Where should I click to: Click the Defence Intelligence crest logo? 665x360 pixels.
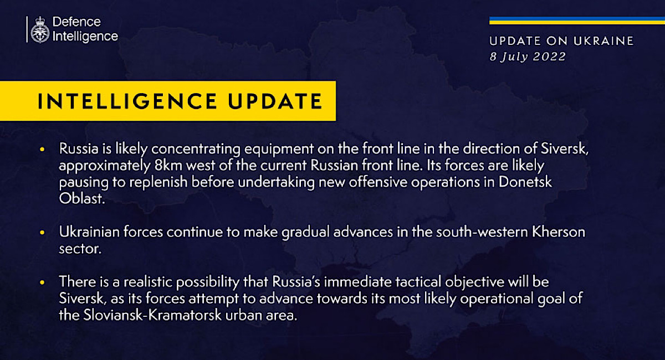[40, 30]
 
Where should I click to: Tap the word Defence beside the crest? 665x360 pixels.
[76, 22]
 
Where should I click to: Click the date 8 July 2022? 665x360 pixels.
[528, 56]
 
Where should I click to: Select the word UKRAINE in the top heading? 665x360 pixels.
[603, 41]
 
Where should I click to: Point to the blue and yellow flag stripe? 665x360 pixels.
[577, 20]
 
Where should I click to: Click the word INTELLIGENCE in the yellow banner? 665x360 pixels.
[127, 101]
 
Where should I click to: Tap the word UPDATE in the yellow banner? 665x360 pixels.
[275, 101]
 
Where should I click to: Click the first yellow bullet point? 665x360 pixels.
[42, 149]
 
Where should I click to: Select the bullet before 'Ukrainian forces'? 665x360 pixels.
[42, 233]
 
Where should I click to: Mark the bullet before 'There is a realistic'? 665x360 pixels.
[42, 282]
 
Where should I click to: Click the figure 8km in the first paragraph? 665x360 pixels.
[168, 165]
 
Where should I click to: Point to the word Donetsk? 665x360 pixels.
[525, 182]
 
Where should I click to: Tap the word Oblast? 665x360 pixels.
[81, 198]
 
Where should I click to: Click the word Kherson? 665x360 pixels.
[558, 232]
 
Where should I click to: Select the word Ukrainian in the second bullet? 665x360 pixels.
[89, 232]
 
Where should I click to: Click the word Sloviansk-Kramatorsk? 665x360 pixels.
[152, 315]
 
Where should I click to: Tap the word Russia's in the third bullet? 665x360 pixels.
[296, 282]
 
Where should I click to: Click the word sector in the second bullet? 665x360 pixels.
[80, 249]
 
